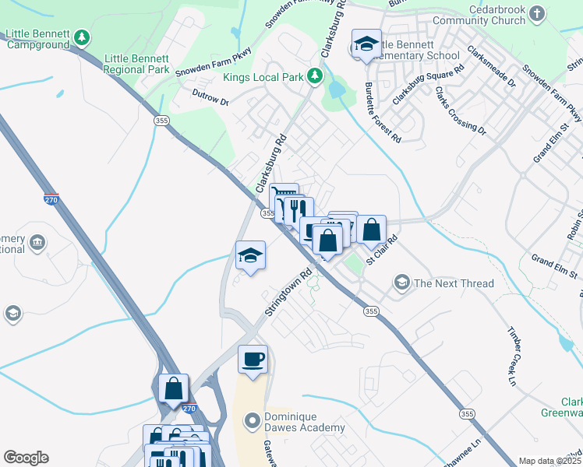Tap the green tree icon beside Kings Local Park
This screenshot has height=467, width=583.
[x=314, y=75]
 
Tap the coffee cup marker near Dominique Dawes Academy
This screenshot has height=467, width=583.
[x=253, y=360]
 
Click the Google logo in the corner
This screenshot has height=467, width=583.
[x=26, y=458]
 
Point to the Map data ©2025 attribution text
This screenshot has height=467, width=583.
[x=549, y=461]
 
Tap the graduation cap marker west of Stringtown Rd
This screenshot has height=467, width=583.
[x=251, y=255]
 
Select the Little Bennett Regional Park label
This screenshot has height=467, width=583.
[x=136, y=64]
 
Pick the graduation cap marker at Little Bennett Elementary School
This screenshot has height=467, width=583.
[x=366, y=44]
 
